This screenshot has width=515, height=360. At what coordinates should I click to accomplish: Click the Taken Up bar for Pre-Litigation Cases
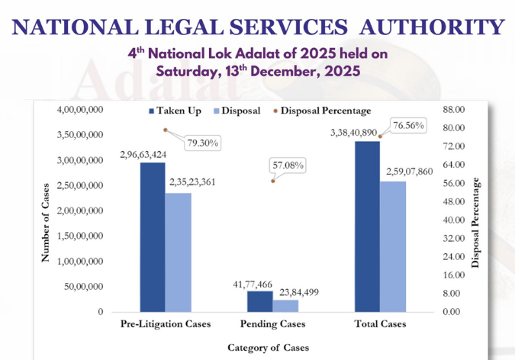click(x=153, y=237)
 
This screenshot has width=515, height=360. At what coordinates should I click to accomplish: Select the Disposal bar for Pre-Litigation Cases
click(x=179, y=252)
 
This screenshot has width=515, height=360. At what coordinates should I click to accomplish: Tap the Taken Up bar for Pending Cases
click(x=259, y=301)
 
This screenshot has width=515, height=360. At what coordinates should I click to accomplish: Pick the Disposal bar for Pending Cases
click(x=286, y=306)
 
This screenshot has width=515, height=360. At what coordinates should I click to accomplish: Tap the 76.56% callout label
click(x=409, y=125)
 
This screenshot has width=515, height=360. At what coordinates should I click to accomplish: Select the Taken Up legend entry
click(x=175, y=111)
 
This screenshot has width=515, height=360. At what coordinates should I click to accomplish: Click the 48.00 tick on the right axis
click(x=453, y=202)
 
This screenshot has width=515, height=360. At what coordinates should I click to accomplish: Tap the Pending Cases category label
click(x=272, y=324)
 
